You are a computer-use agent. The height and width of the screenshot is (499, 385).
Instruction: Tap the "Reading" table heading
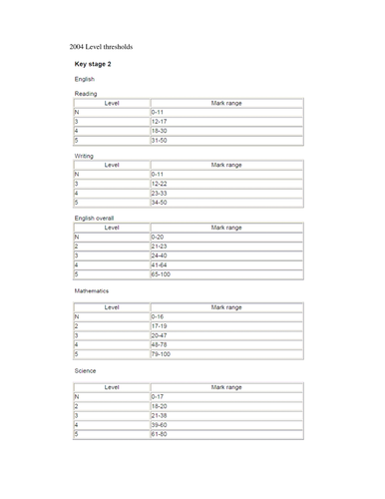point(87,94)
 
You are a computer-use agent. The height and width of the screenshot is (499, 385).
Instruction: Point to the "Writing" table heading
point(85,157)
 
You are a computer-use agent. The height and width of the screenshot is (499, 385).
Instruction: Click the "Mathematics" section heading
point(92,290)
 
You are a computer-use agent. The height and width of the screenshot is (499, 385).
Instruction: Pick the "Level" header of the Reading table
point(112,103)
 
